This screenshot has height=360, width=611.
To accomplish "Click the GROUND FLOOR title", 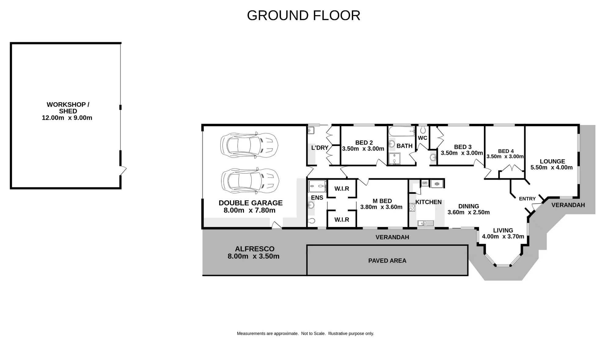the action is [304, 16].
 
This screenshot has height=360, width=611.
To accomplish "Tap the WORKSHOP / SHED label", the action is [68, 108].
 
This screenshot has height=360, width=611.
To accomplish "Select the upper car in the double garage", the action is [249, 145].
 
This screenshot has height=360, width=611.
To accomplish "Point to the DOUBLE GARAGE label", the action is [251, 203].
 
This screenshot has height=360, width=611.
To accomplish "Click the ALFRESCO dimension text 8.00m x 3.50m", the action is [254, 256].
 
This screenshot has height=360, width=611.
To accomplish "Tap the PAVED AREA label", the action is [387, 261].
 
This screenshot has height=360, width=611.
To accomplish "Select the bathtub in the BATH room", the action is [401, 131].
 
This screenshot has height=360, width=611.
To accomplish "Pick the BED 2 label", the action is [364, 143].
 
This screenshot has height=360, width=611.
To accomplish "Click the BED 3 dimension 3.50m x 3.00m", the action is [462, 153].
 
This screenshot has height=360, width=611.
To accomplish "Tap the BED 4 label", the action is [506, 151].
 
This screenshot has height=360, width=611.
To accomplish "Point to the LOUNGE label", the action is [552, 161].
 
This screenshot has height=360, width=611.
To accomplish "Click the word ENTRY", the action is [527, 199].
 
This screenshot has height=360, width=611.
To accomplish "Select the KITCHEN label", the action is [428, 202].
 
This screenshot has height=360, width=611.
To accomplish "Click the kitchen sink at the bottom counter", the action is [426, 223].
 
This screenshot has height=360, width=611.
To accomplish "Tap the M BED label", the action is [382, 201].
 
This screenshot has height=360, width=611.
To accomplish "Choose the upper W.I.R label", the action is [342, 189].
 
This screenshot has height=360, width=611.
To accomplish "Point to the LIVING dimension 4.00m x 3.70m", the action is [503, 237].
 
